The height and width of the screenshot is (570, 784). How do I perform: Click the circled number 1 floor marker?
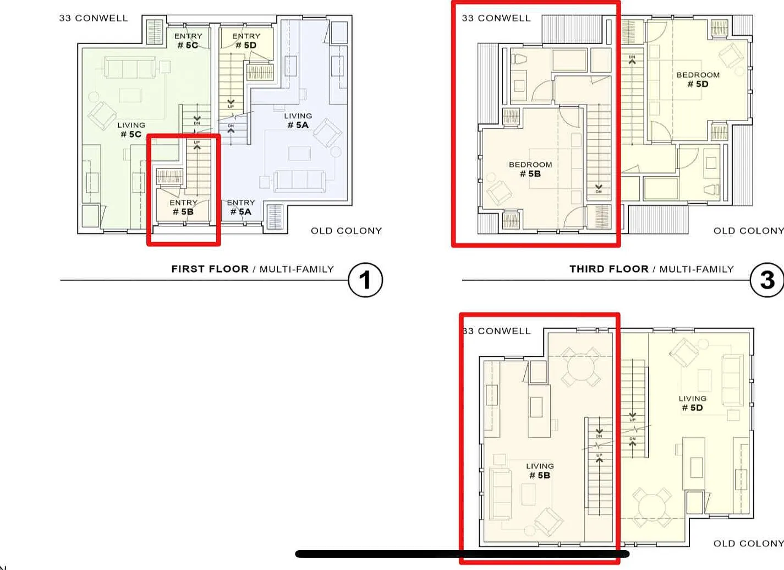point(365,280)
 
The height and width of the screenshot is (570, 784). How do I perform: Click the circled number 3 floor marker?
point(767,280)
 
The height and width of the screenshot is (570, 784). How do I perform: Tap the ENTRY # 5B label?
point(183,207)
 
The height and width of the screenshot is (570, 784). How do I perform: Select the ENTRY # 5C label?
point(188,41)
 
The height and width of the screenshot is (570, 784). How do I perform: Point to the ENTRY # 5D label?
point(246,41)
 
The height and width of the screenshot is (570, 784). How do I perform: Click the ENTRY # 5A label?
point(241,207)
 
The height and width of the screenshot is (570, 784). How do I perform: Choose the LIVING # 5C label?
point(131,129)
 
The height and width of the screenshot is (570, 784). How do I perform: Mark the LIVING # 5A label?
point(298,121)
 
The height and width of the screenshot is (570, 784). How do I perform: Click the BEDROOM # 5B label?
point(530,169)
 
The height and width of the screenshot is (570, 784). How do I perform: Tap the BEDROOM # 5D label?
point(698,79)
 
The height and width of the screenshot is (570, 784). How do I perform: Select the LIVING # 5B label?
point(540,471)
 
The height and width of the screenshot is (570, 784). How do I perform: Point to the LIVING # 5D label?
point(692,403)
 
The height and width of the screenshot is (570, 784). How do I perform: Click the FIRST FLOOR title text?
point(210,269)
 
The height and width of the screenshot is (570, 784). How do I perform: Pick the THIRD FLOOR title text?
point(608,269)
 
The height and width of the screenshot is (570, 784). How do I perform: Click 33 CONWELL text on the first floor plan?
point(94,18)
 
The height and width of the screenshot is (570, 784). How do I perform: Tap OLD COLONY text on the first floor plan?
point(346,231)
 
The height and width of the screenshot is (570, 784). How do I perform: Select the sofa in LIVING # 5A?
point(300,181)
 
